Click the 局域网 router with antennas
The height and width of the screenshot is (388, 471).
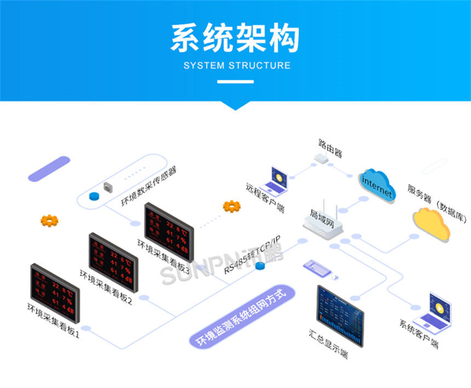coord(324,222)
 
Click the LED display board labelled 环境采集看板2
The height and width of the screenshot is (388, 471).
coord(113,259)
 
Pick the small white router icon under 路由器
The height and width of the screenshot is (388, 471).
coord(321,159)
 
